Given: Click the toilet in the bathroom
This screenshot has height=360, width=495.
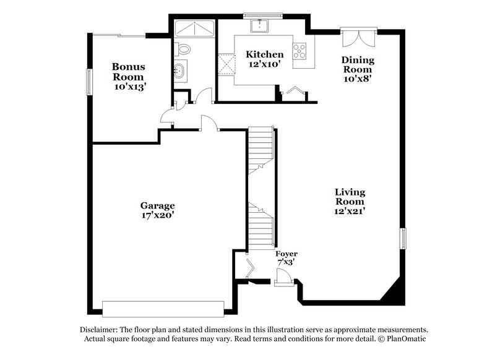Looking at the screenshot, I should [x=184, y=48].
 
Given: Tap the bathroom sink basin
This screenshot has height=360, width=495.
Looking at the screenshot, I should [x=180, y=70].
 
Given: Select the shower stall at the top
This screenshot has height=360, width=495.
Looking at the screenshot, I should [x=194, y=28].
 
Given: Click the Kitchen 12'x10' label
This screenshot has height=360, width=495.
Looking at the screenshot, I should [x=265, y=59].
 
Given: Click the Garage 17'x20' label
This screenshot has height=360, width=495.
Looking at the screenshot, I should [x=157, y=210].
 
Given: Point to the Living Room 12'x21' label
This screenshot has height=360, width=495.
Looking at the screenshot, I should [x=350, y=201].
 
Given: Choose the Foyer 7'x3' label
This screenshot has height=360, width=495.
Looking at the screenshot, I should [x=286, y=258].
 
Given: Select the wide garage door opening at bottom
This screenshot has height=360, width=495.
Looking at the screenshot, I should [x=163, y=308].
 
